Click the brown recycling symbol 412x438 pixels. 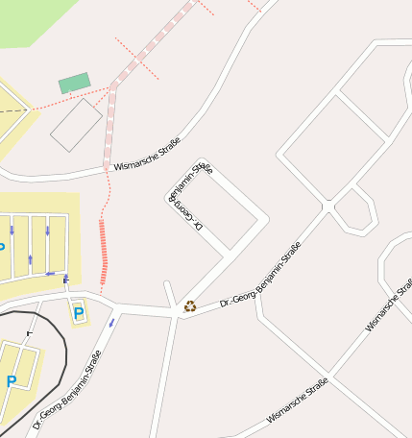[190, 306]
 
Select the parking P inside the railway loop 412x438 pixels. [12, 381]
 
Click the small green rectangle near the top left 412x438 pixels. [74, 84]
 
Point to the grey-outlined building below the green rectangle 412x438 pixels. [76, 125]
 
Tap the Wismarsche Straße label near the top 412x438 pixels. [147, 154]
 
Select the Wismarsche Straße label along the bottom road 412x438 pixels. [298, 401]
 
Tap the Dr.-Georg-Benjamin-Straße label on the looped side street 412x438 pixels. [189, 196]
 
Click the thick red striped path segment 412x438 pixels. [103, 254]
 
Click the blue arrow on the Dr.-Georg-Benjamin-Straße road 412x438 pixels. [112, 322]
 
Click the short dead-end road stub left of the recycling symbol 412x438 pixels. [169, 292]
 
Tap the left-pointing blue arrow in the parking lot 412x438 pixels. [50, 274]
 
